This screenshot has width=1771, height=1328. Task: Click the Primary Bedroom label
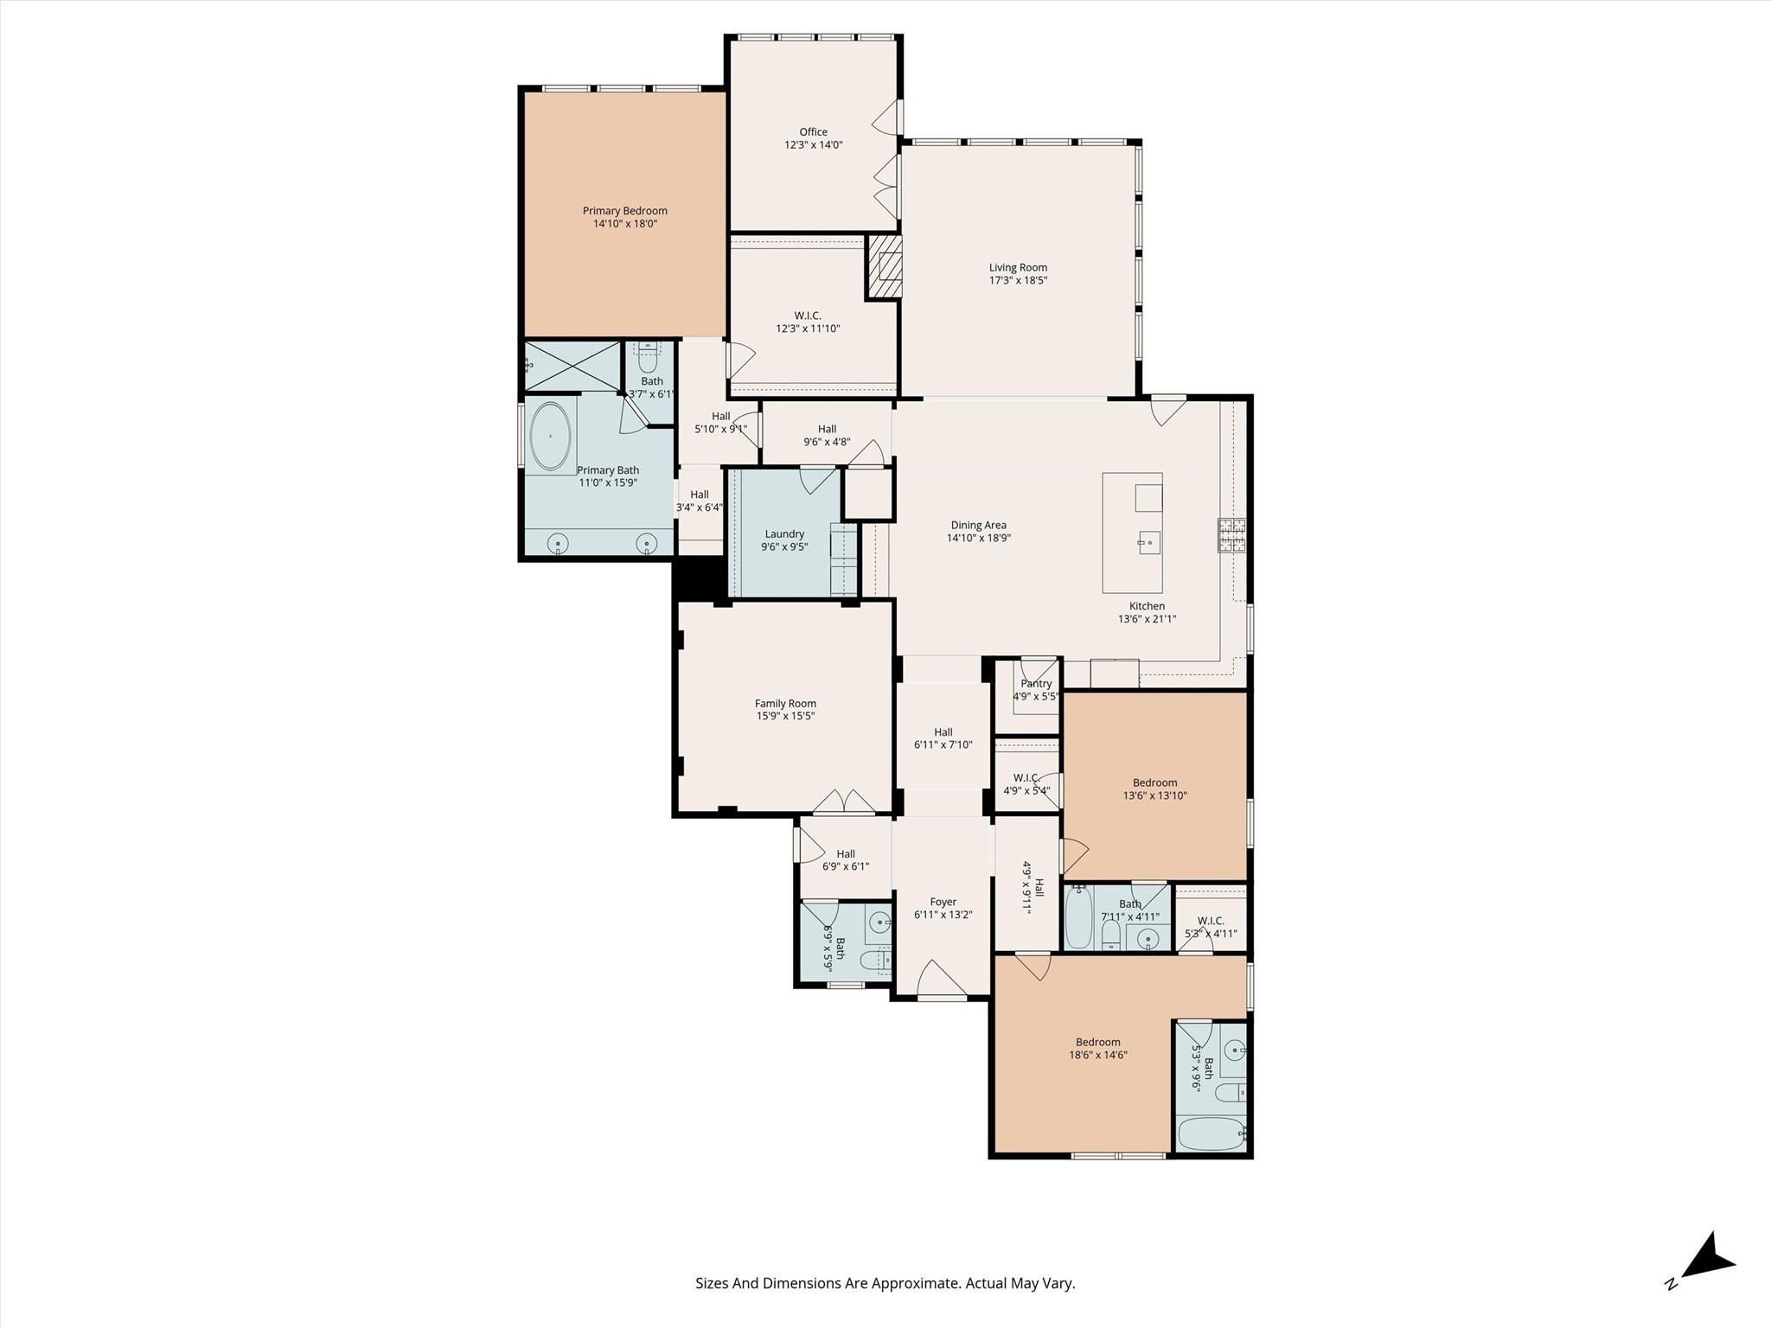point(624,211)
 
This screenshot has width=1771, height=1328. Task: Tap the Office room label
point(813,132)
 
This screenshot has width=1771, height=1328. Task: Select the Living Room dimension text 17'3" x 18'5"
point(1019,280)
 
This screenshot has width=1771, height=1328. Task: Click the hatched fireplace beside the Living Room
point(884,267)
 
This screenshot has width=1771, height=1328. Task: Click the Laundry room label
point(784,534)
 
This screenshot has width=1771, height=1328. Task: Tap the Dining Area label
point(979,525)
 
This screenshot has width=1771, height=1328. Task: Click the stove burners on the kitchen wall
point(1232,535)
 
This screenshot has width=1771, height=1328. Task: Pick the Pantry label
point(1036,683)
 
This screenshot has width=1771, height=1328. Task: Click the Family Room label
point(785,704)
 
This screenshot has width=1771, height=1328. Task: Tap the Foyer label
point(943,902)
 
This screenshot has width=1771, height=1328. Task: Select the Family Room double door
point(845,801)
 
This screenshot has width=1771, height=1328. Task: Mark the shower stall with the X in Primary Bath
point(573,366)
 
